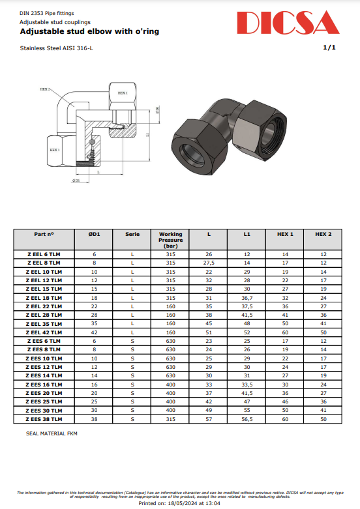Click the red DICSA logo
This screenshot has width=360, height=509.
[x=288, y=23]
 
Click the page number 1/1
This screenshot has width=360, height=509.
[x=329, y=48]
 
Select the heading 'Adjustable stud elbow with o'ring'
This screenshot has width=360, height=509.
[x=89, y=31]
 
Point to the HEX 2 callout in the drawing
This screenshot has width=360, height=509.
[x=45, y=89]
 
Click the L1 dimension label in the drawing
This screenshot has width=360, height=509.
[x=147, y=135]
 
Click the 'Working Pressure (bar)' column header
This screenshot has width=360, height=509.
[x=171, y=240]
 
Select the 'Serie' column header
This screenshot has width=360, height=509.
[x=132, y=234]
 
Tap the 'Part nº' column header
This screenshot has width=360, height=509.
[x=44, y=234]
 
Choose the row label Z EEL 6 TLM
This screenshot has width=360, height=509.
[x=44, y=254]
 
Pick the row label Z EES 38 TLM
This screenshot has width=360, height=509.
[x=44, y=418]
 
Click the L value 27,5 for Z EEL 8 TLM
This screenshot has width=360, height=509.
[x=209, y=263]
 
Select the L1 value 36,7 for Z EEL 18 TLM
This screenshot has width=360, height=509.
[x=247, y=297]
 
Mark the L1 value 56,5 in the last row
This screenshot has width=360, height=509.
[x=247, y=418]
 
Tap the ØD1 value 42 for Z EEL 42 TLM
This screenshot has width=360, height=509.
[x=94, y=332]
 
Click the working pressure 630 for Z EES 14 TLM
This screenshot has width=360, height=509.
[x=171, y=375]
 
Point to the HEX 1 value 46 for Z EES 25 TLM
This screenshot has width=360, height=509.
[x=285, y=401]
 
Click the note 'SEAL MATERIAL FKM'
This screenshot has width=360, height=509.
[x=52, y=433]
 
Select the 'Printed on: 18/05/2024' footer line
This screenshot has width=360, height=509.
[x=180, y=503]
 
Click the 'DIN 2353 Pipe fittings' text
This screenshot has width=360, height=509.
[x=47, y=13]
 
